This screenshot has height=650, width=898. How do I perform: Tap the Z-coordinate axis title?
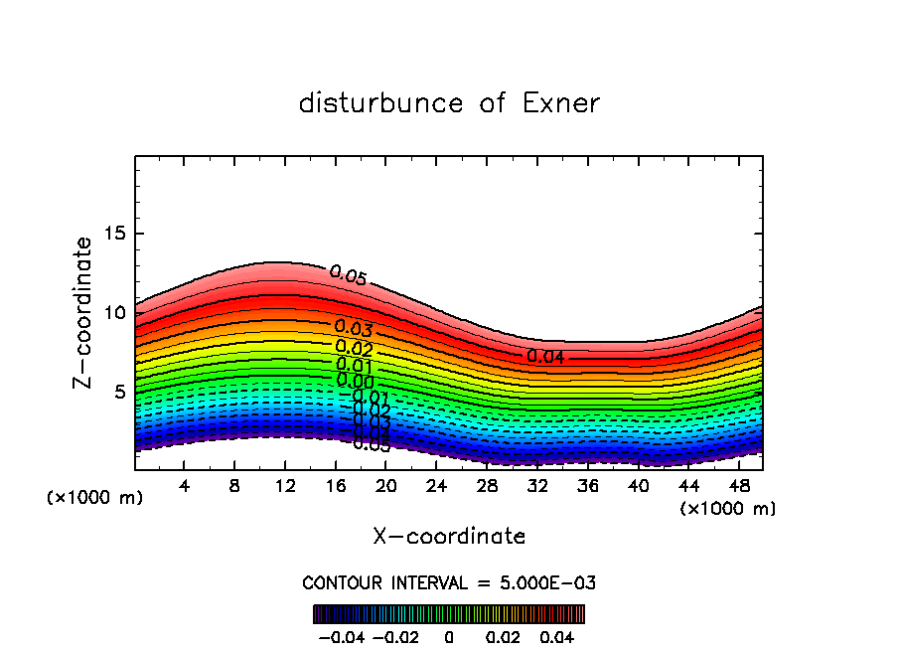[82, 312]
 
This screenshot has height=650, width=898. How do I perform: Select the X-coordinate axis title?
[449, 537]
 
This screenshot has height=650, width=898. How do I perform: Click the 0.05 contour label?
[348, 275]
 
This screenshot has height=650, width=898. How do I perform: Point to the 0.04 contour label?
[545, 356]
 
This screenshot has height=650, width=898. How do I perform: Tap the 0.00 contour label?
[355, 381]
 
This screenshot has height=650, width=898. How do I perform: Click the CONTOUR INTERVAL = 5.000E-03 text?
[449, 582]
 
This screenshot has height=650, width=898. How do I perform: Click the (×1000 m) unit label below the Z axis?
[95, 497]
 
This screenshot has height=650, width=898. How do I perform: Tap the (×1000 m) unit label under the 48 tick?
[728, 508]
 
